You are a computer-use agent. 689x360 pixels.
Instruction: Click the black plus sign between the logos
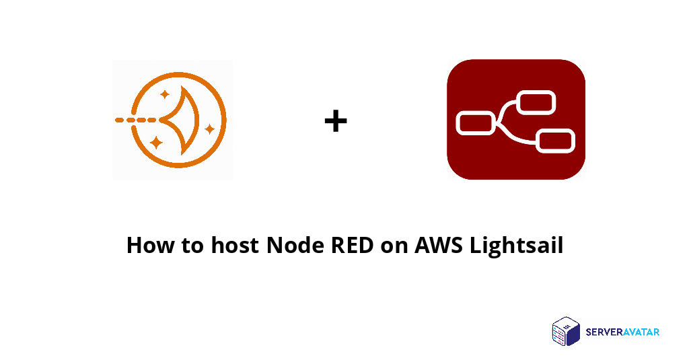tap(336, 122)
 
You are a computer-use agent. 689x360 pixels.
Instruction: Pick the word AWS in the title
tap(438, 245)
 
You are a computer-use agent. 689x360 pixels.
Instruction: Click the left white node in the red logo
tap(475, 123)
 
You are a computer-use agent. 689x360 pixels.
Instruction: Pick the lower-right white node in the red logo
tap(556, 141)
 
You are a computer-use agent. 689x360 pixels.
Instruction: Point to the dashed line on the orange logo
tap(135, 120)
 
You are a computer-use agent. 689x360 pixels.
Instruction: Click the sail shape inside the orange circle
tap(180, 120)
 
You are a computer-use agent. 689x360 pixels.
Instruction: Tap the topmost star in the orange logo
tap(166, 94)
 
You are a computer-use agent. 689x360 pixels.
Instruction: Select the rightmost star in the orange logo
tap(209, 128)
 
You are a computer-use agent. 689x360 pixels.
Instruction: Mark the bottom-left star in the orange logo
tap(156, 142)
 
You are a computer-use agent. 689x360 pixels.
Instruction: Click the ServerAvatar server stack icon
tap(565, 331)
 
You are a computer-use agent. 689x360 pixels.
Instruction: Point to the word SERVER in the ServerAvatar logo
tap(604, 332)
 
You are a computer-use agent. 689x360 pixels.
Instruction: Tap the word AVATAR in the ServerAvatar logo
tap(641, 332)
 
